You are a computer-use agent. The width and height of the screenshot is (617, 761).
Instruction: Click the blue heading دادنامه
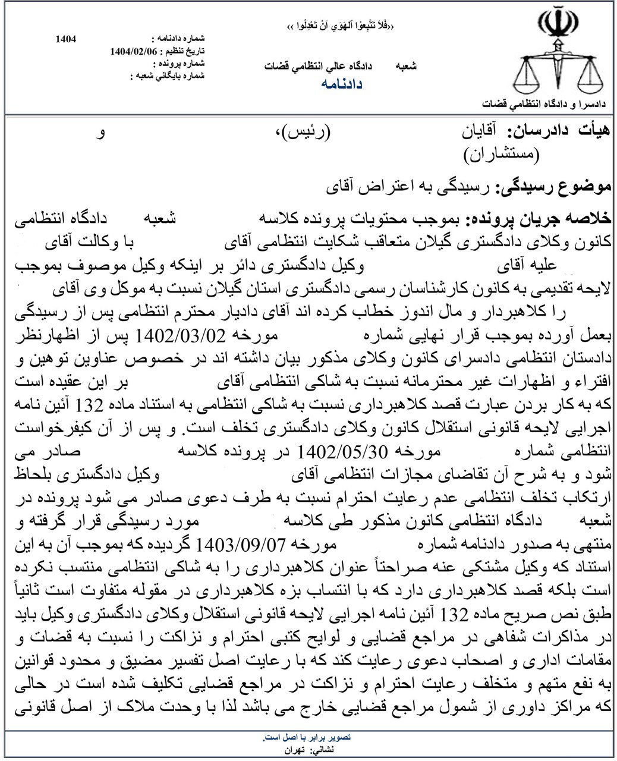[x=342, y=84]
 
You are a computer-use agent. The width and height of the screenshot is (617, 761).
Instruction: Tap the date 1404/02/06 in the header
[x=134, y=51]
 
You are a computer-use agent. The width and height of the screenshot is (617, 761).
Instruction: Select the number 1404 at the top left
[x=65, y=39]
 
